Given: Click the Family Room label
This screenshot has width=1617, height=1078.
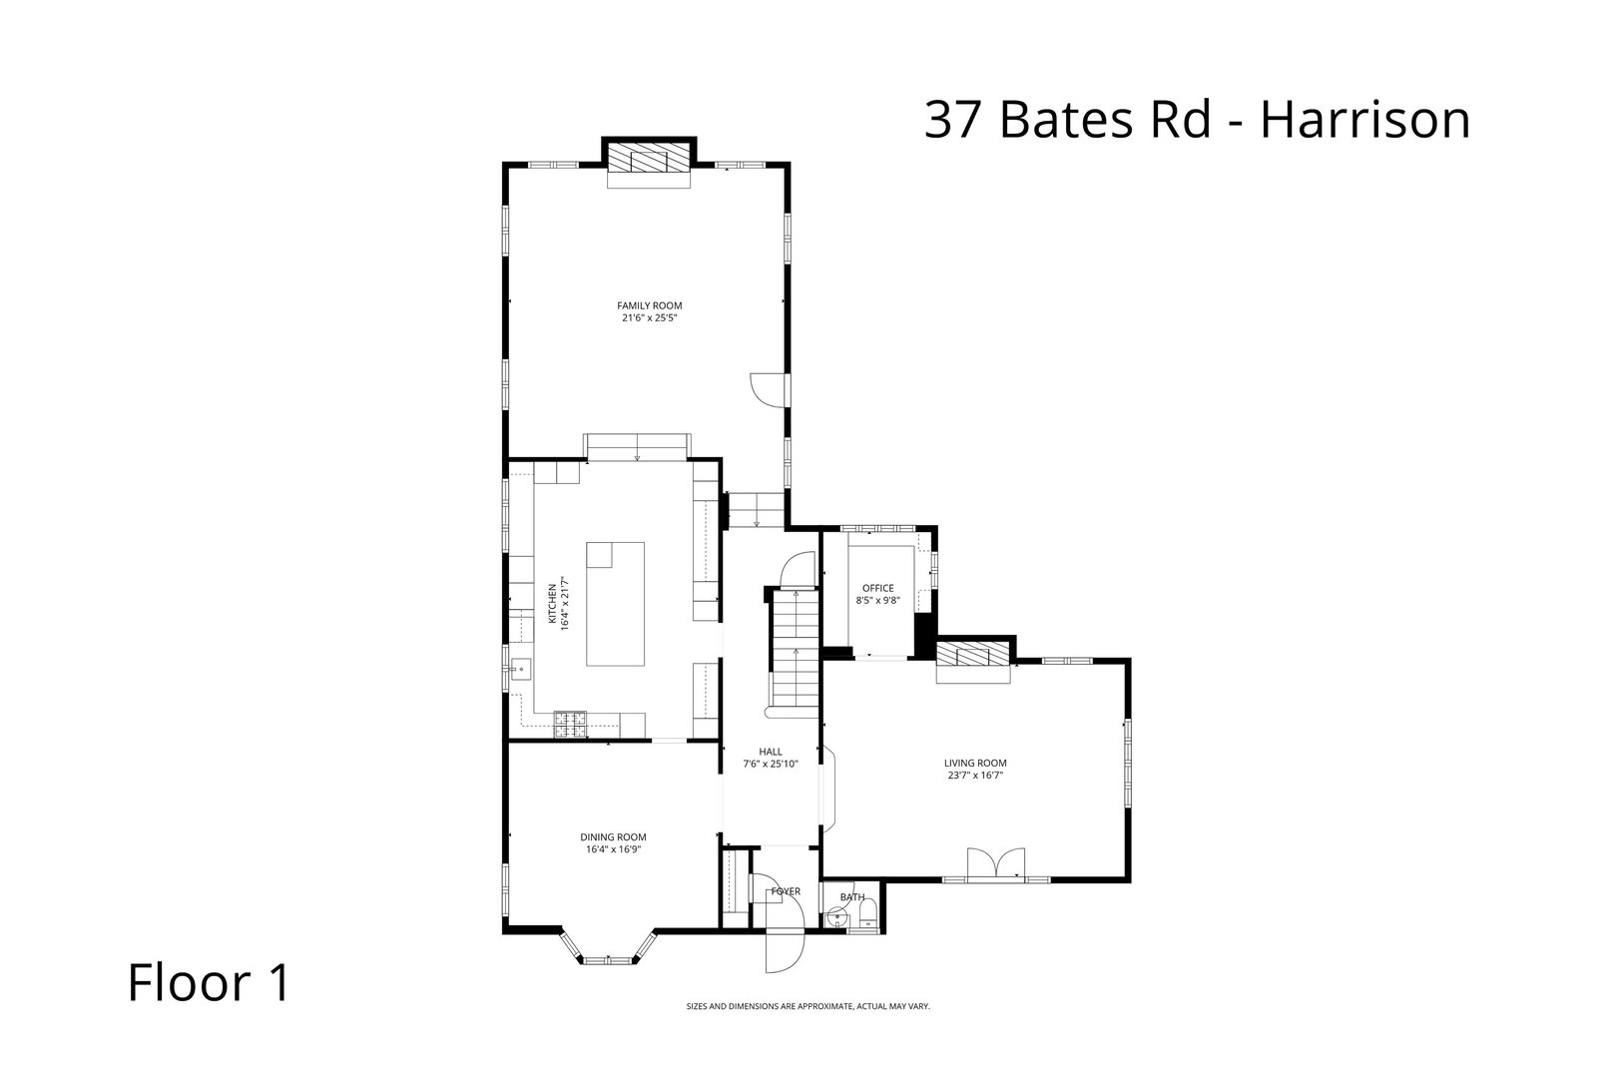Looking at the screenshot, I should click(649, 305).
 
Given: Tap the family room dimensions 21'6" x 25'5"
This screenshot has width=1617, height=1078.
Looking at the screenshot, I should click(649, 318).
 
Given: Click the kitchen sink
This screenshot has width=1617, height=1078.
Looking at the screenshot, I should click(519, 668).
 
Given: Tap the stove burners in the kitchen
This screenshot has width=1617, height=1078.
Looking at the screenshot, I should click(571, 722).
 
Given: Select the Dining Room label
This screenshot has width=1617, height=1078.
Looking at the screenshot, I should click(613, 836).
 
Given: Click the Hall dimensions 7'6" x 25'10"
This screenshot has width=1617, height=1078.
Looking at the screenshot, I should click(770, 764).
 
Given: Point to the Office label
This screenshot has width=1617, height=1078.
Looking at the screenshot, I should click(877, 588).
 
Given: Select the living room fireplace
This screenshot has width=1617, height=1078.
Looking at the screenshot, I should click(973, 658).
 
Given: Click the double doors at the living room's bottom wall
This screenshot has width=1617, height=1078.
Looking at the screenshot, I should click(996, 861).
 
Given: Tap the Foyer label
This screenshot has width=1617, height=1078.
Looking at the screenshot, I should click(785, 891).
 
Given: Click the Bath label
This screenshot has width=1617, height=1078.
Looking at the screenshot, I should click(851, 896).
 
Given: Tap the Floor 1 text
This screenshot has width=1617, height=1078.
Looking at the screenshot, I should click(209, 982).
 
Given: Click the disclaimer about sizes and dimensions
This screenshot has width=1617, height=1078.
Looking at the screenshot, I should click(808, 1006).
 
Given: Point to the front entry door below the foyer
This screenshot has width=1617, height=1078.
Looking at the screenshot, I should click(784, 949).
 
